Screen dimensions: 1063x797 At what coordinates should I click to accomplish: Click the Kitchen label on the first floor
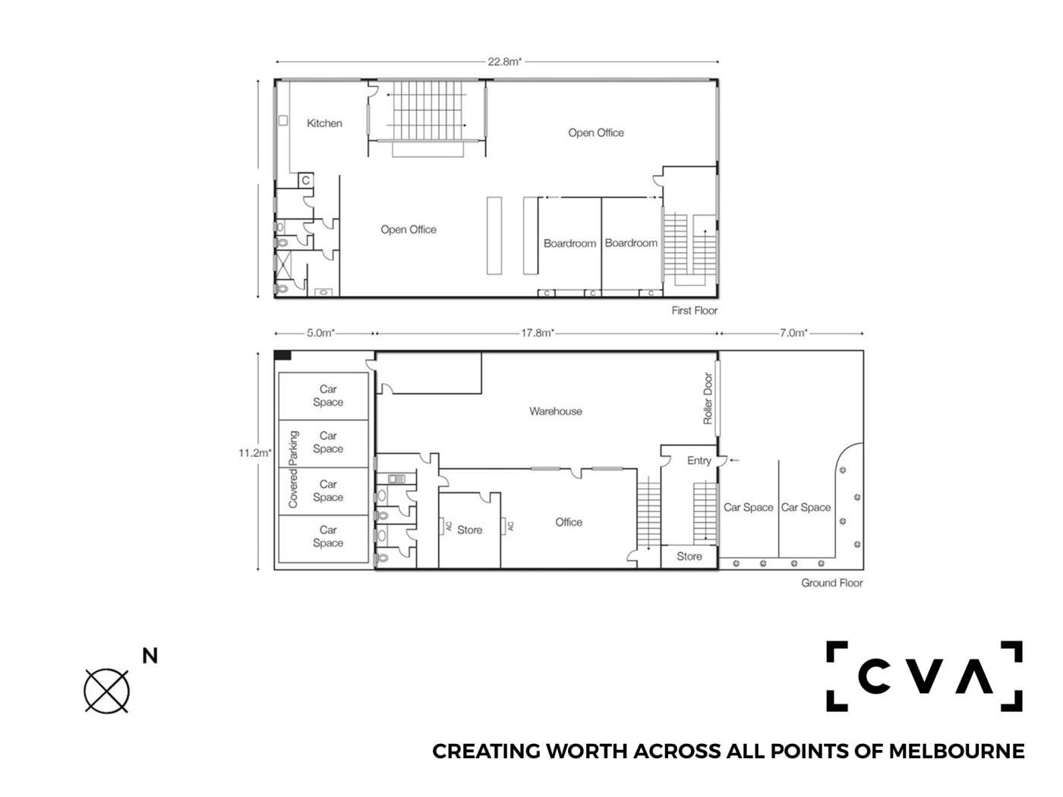pyautogui.click(x=324, y=124)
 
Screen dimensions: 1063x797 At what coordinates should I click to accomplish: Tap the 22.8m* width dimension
pyautogui.click(x=504, y=61)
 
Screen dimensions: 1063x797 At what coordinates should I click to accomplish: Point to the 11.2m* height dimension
pyautogui.click(x=254, y=453)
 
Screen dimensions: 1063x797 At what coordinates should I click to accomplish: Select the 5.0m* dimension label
pyautogui.click(x=320, y=333)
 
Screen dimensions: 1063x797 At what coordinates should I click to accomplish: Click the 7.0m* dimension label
pyautogui.click(x=793, y=333)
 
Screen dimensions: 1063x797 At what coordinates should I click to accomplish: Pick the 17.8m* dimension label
pyautogui.click(x=537, y=333)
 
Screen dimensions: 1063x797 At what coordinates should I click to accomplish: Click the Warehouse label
pyautogui.click(x=556, y=411)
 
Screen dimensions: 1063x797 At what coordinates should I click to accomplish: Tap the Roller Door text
pyautogui.click(x=708, y=398)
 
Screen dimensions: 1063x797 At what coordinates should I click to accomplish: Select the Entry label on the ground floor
pyautogui.click(x=699, y=461)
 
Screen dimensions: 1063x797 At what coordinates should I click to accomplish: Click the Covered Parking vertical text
pyautogui.click(x=293, y=469)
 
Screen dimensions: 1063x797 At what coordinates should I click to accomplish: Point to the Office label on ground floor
pyautogui.click(x=569, y=522)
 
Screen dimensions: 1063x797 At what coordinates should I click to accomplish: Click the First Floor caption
pyautogui.click(x=694, y=310)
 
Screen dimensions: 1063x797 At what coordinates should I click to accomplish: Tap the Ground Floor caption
pyautogui.click(x=831, y=583)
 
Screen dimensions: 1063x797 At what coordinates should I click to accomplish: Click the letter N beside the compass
pyautogui.click(x=150, y=656)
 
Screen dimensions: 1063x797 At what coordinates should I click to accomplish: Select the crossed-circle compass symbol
pyautogui.click(x=106, y=691)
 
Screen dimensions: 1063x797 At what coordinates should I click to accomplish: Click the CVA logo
pyautogui.click(x=924, y=676)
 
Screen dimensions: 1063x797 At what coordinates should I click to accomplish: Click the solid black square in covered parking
pyautogui.click(x=282, y=356)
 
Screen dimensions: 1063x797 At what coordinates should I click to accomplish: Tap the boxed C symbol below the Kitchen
pyautogui.click(x=305, y=181)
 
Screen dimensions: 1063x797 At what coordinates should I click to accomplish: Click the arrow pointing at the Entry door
pyautogui.click(x=735, y=460)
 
